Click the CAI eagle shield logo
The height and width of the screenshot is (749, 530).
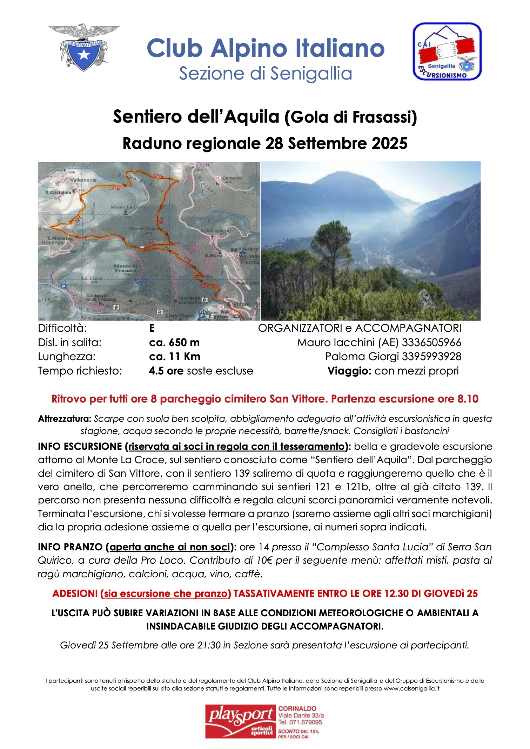84,47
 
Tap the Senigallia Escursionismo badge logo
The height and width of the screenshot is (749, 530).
447,51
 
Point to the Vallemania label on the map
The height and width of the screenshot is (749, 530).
83,180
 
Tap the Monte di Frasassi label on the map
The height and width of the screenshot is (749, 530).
125,268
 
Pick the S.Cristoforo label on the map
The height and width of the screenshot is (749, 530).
58,192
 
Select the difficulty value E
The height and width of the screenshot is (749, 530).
152,328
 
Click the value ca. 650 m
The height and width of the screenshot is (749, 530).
174,342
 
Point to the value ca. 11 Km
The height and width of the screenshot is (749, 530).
175,357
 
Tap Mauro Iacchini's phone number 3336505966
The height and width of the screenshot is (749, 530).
431,342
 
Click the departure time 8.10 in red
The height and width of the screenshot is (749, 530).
468,399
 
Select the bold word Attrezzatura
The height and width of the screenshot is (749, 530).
65,419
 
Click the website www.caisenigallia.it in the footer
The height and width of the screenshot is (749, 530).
411,688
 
